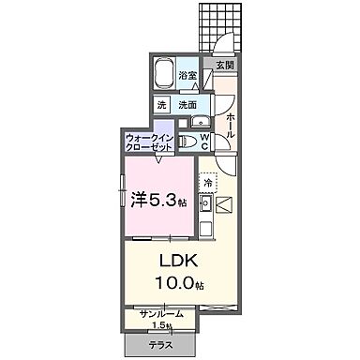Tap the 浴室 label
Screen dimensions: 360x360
187,75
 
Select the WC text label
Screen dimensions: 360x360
205,142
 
